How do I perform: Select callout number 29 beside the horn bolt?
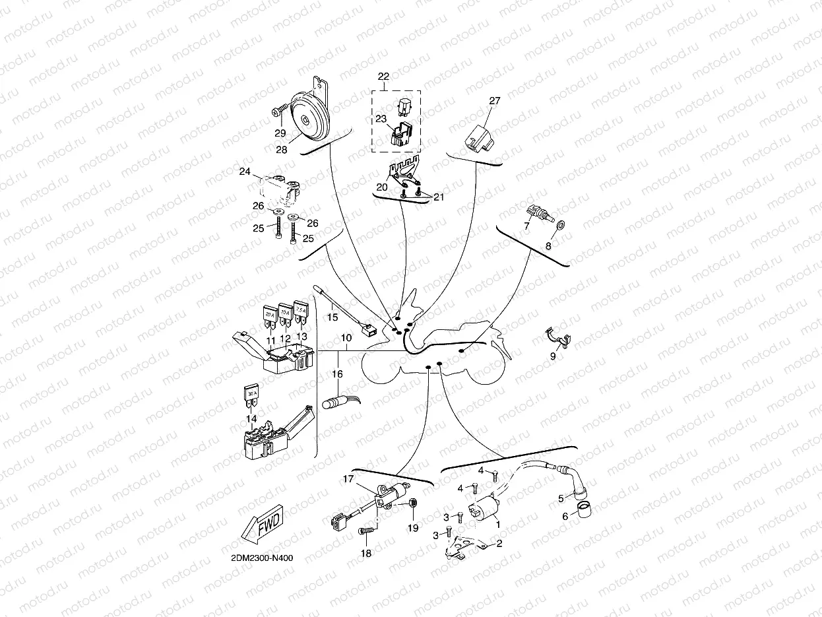pyautogui.click(x=280, y=133)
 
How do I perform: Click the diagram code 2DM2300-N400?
pyautogui.click(x=263, y=558)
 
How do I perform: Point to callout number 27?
pyautogui.click(x=494, y=101)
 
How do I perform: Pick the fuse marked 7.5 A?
pyautogui.click(x=300, y=314)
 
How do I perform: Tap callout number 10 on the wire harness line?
pyautogui.click(x=346, y=338)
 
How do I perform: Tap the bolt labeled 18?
pyautogui.click(x=367, y=529)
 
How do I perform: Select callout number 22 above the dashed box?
pyautogui.click(x=383, y=77)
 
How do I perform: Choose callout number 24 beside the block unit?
pyautogui.click(x=245, y=172)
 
